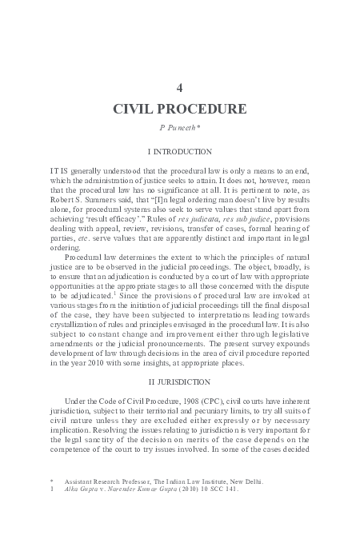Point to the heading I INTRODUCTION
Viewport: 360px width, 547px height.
click(x=180, y=151)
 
